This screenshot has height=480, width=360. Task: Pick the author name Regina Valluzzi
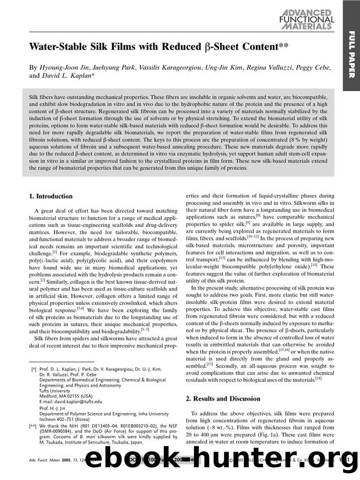(x=279, y=67)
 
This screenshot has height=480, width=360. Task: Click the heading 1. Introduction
(x=51, y=196)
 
